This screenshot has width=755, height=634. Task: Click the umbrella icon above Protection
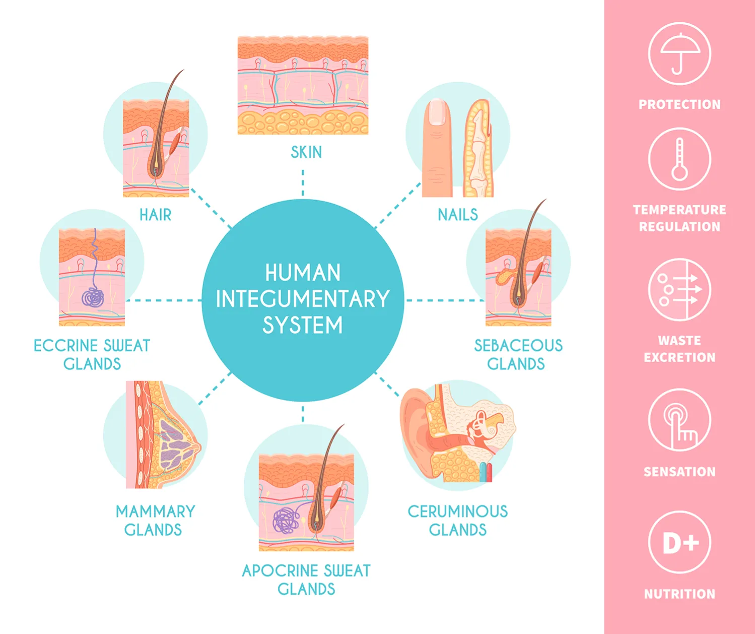click(679, 53)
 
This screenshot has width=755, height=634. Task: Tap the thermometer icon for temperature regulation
click(679, 159)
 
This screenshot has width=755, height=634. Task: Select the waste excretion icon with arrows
click(679, 289)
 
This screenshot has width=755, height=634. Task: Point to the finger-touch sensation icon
click(679, 420)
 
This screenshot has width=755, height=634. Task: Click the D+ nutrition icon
click(679, 542)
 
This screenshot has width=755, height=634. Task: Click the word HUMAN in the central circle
click(303, 273)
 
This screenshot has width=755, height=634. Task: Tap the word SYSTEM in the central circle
click(303, 325)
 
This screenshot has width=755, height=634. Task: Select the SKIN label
click(306, 152)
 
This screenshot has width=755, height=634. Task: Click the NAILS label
click(457, 215)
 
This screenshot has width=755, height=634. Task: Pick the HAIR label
click(155, 215)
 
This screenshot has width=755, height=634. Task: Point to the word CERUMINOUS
click(457, 512)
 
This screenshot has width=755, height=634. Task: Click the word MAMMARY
click(155, 512)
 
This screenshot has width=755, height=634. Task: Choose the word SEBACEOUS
click(518, 345)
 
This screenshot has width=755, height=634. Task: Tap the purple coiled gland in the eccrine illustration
click(93, 297)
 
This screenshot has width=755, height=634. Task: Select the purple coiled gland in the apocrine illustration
click(285, 520)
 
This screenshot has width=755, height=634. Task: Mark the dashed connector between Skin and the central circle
click(303, 182)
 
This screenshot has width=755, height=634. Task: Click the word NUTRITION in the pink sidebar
click(679, 594)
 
